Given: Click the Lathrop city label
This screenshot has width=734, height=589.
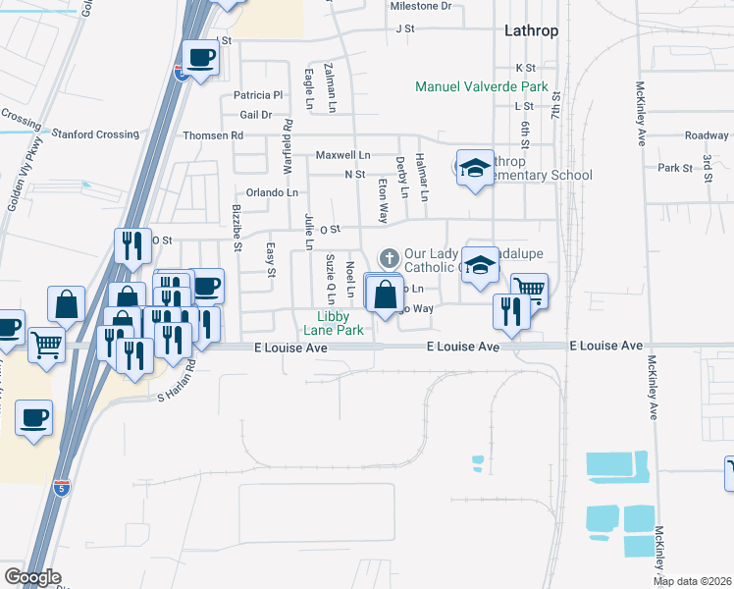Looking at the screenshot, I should tap(531, 30).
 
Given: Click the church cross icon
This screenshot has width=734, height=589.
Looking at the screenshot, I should tap(389, 257).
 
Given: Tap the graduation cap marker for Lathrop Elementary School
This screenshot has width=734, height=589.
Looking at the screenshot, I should tap(475, 169).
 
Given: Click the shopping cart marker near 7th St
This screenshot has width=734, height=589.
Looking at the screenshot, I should tap(529, 288).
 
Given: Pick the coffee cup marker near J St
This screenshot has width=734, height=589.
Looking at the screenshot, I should tap(200, 58).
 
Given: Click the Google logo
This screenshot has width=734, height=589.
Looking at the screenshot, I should tap(32, 576).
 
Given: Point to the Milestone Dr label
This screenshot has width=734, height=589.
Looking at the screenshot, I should tap(420, 6).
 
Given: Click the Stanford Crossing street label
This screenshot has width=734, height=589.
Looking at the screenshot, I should tap(95, 134).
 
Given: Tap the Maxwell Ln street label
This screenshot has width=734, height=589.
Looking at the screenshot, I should tap(342, 155).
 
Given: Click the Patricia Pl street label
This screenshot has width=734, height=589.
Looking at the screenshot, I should tap(257, 95).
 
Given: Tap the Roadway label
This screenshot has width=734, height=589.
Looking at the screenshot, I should tap(707, 135).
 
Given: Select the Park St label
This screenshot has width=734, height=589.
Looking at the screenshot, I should tap(676, 168).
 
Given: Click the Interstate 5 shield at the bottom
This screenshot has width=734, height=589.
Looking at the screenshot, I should tap(61, 488).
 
